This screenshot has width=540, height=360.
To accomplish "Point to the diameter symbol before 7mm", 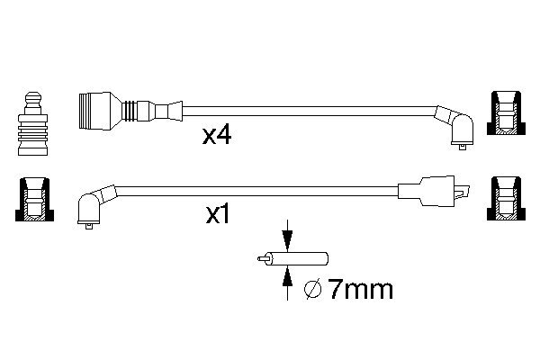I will pyautogui.click(x=313, y=291).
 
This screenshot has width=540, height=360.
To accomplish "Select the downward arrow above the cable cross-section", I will pyautogui.click(x=287, y=238).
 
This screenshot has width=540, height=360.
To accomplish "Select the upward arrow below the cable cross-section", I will pyautogui.click(x=287, y=285).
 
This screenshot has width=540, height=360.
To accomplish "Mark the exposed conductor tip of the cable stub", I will pyautogui.click(x=261, y=261).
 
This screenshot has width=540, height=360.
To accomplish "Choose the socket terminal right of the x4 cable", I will pyautogui.click(x=504, y=115).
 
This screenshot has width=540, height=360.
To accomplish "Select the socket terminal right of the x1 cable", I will pyautogui.click(x=504, y=199).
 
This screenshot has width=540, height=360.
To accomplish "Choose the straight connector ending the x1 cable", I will pyautogui.click(x=432, y=190).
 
